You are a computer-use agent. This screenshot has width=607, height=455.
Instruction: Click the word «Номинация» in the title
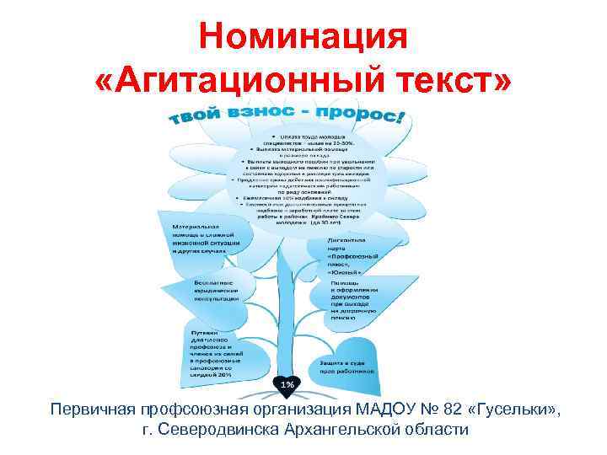[303, 37]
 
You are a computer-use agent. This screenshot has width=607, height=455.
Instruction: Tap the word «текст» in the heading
[446, 82]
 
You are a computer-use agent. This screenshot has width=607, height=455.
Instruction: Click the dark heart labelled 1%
[287, 384]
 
